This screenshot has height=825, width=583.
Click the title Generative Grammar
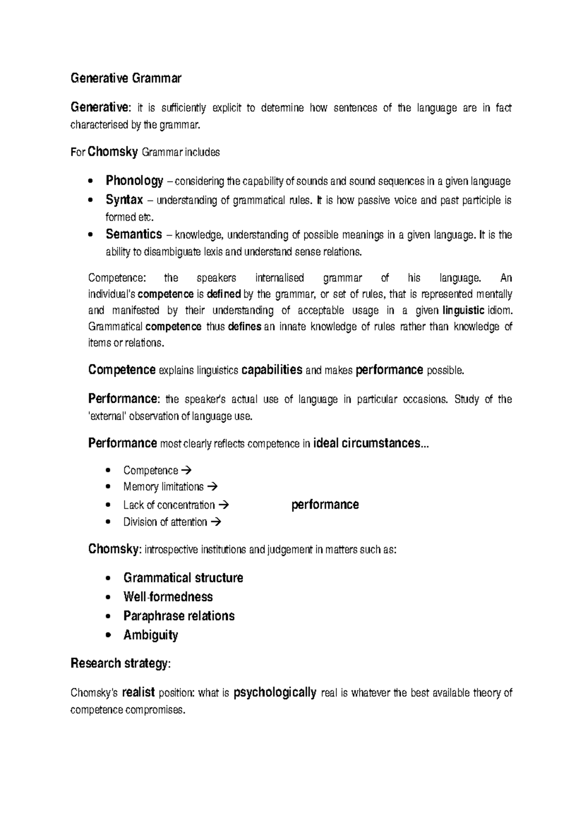126,78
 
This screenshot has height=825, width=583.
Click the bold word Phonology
135,181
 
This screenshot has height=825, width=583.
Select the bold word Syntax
124,200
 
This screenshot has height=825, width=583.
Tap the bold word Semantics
134,235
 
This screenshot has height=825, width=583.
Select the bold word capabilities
272,370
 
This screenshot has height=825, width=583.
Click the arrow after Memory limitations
212,486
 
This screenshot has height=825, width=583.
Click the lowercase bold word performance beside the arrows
325,505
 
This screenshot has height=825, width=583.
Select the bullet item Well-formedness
168,597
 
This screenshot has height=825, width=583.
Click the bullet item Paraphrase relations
179,616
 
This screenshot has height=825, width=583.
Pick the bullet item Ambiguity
151,635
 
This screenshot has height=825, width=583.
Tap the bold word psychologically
275,692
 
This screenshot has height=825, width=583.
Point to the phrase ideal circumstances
367,443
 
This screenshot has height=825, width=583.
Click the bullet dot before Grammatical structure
108,579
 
